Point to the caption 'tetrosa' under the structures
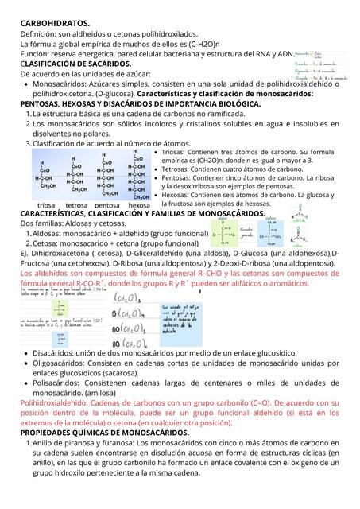(77, 205)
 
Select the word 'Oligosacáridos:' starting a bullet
(62, 363)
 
